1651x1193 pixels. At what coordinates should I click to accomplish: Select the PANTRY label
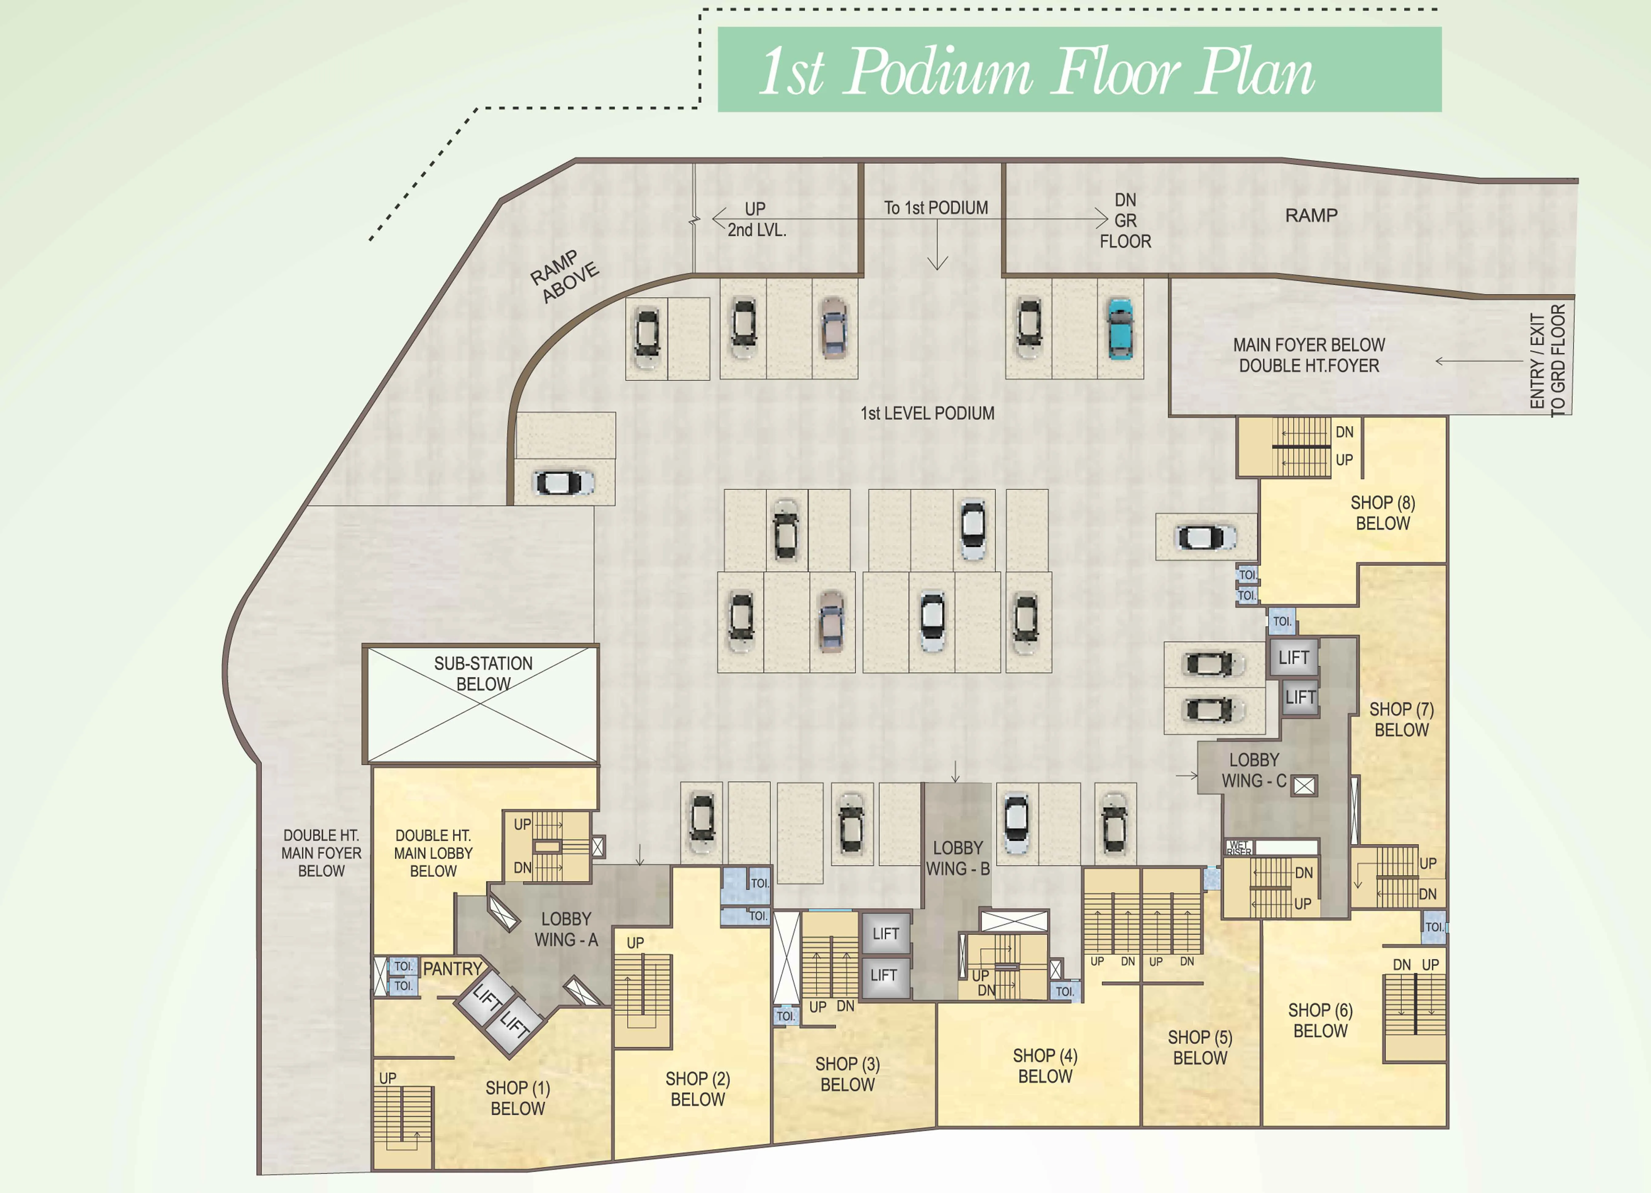coord(452,969)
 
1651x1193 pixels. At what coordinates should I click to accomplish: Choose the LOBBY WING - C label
coord(1254,770)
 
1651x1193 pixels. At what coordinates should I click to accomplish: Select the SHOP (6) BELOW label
coord(1320,1020)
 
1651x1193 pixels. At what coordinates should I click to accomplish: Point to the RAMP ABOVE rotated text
coord(564,277)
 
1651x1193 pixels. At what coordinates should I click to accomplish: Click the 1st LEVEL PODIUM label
coord(927,414)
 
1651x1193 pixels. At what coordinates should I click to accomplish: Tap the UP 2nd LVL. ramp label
coord(756,219)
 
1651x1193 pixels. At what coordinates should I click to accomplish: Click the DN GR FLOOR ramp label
coord(1125,221)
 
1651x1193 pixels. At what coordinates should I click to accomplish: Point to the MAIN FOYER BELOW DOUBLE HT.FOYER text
coord(1308,355)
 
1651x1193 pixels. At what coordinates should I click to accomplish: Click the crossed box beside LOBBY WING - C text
coord(1304,785)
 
